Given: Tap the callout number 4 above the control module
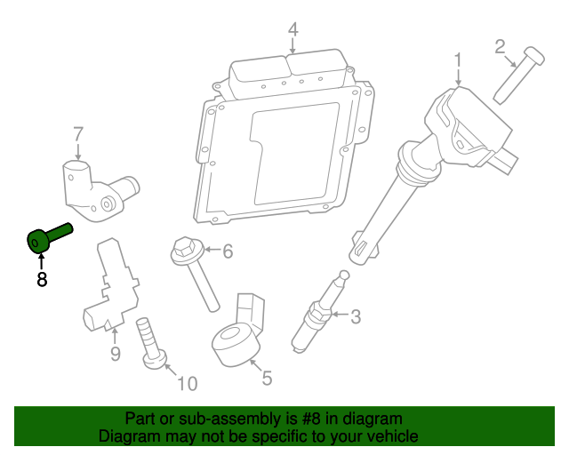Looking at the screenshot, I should point(293,30).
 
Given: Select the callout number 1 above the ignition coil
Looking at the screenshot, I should point(458,60).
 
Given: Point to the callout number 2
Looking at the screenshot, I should point(500,45).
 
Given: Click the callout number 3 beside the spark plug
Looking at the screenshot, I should point(355,315).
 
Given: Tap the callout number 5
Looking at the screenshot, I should point(266,378).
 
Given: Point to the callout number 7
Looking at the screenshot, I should point(78,134).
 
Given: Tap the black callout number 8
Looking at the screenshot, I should point(41,280).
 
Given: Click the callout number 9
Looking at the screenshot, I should point(115,355).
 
